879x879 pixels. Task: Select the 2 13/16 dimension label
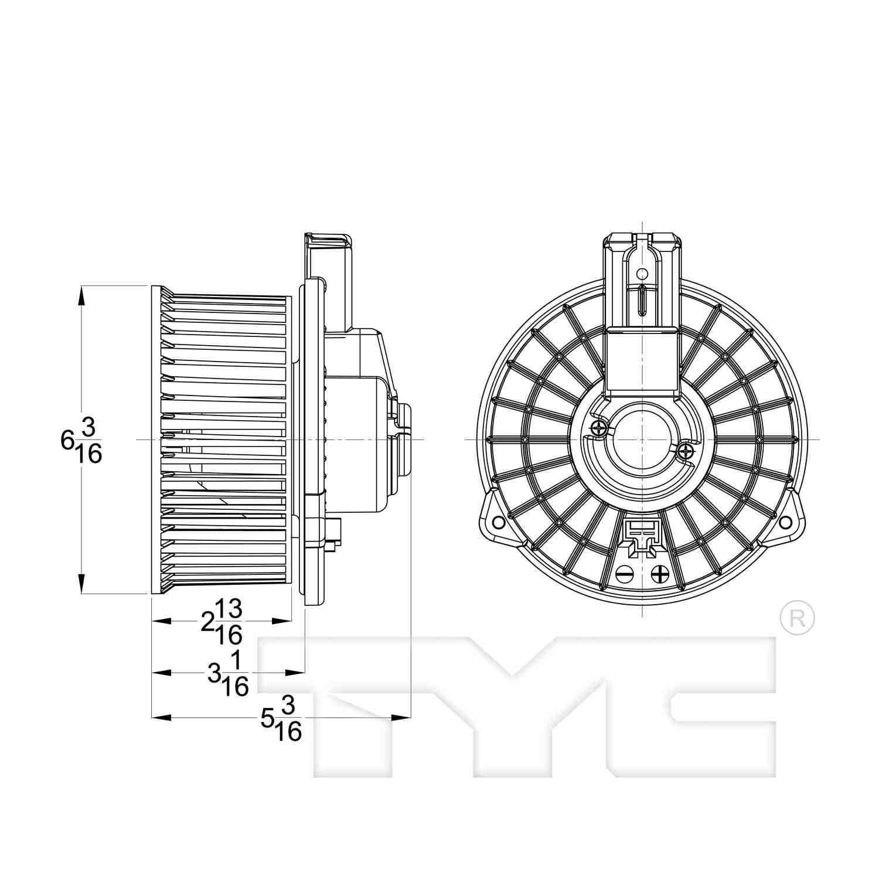click(222, 622)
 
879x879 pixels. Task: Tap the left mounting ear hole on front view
click(498, 521)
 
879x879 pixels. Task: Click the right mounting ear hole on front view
click(789, 521)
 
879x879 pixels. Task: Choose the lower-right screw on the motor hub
click(684, 451)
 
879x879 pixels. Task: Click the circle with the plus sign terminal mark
click(660, 574)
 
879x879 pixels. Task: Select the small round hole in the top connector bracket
click(642, 273)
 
